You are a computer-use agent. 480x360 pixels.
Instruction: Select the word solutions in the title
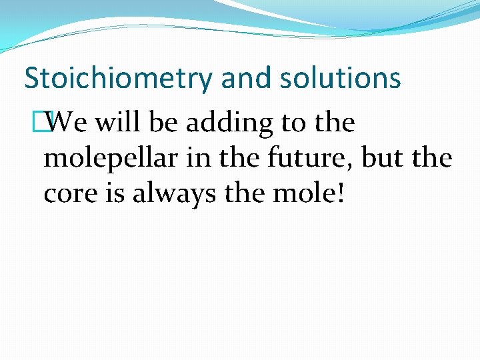pyautogui.click(x=340, y=78)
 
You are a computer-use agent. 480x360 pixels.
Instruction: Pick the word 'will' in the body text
pyautogui.click(x=117, y=123)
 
